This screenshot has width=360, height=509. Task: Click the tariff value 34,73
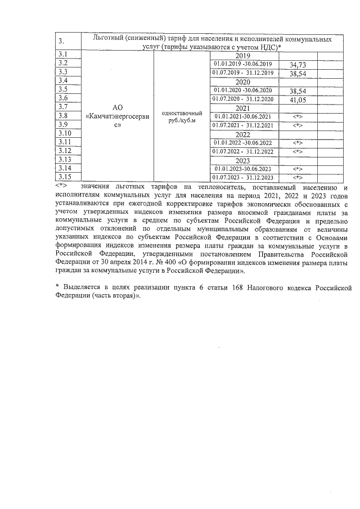point(297,65)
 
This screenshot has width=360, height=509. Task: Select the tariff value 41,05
point(297,100)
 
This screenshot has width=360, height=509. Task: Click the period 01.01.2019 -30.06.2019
point(243,64)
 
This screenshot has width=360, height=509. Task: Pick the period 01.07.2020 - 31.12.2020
point(243,99)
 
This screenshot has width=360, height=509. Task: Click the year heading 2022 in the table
point(242,134)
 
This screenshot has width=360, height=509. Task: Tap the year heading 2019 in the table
point(242,56)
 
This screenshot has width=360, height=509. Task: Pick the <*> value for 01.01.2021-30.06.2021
point(299,116)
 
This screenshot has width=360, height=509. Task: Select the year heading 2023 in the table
point(242,160)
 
